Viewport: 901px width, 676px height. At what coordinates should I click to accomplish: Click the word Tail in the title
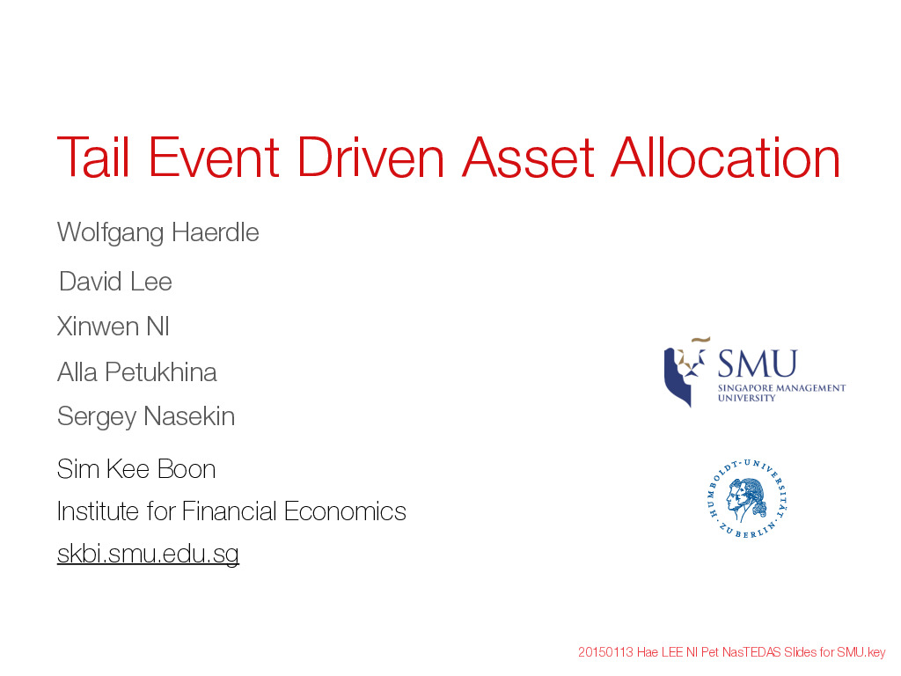click(93, 157)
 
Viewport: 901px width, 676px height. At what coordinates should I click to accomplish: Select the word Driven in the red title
click(370, 157)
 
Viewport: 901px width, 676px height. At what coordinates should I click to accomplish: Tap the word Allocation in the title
click(725, 157)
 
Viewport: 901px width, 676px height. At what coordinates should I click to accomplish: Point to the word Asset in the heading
click(528, 157)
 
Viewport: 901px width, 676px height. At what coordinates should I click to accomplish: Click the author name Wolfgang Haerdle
click(158, 232)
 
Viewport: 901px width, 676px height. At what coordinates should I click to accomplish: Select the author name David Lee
click(115, 282)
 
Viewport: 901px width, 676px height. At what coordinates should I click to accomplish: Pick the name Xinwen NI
click(114, 327)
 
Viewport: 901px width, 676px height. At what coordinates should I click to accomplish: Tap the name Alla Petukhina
click(136, 372)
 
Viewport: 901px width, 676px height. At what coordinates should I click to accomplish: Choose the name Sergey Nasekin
click(146, 416)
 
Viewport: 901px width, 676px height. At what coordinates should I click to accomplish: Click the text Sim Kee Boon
click(136, 469)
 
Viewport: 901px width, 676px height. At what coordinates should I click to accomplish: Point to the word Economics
click(345, 511)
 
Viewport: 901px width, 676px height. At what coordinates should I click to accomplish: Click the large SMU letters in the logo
click(758, 364)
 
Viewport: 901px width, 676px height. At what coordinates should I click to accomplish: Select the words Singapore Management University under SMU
click(781, 393)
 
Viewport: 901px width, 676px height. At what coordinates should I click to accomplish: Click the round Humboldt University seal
click(747, 499)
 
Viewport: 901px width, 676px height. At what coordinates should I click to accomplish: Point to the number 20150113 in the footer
click(605, 652)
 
